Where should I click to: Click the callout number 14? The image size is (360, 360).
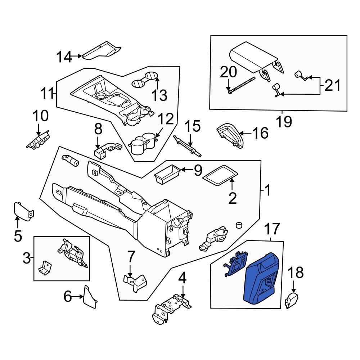[64, 57]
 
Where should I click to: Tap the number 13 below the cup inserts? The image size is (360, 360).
[159, 95]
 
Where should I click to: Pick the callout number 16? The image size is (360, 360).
[260, 134]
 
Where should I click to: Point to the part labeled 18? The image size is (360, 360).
[292, 300]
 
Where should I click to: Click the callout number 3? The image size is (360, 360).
[27, 258]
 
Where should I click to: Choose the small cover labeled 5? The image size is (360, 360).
[22, 211]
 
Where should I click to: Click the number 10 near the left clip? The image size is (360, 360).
[40, 116]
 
